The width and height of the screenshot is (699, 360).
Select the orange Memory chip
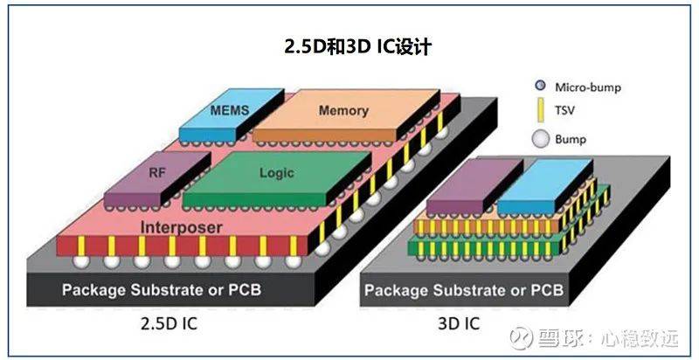(x=343, y=112)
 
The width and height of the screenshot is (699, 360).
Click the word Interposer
(x=180, y=228)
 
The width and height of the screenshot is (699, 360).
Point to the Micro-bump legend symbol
(x=539, y=86)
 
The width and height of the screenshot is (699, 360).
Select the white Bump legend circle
(x=539, y=138)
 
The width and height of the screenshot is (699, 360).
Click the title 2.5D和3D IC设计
(x=348, y=46)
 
